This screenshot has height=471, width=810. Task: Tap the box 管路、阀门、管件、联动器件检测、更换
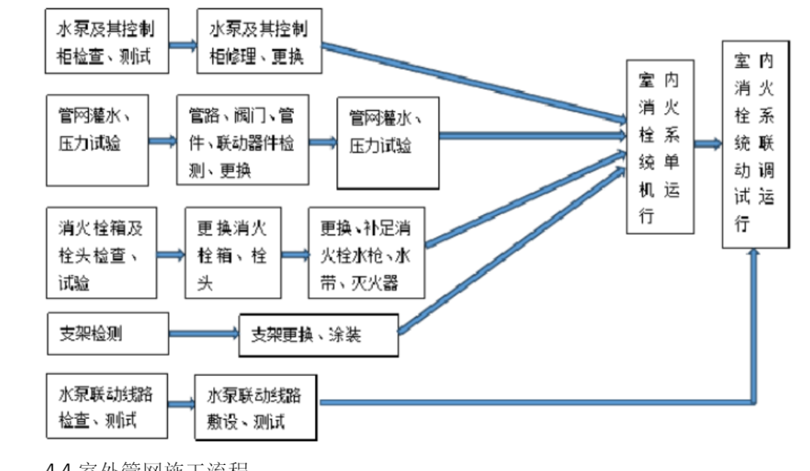[x=243, y=141]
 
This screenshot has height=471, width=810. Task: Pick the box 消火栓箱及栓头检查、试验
[x=102, y=252]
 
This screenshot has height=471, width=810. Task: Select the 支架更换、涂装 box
[x=317, y=335]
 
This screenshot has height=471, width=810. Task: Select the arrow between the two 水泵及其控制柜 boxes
[x=183, y=44]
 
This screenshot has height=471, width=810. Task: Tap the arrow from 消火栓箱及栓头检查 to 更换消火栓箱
[x=171, y=254]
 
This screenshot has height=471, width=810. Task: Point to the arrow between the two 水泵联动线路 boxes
[x=182, y=404]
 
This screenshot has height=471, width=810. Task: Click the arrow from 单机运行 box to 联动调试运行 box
[x=708, y=143]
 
